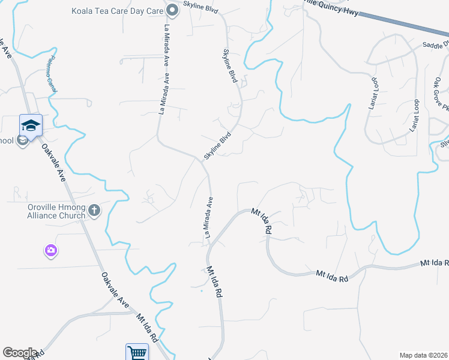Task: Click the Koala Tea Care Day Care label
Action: point(117,10)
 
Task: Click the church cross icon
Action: point(94,211)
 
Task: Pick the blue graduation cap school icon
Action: point(31,125)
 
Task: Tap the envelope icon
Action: point(23,141)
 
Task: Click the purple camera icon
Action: point(50,250)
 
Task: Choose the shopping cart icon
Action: point(137,353)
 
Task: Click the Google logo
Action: point(20,353)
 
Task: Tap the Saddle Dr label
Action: point(435,45)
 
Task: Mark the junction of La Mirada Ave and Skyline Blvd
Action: point(201,160)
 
